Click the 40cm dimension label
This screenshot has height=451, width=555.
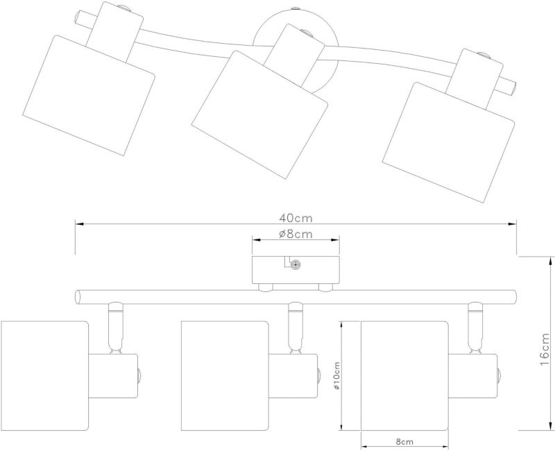[x=296, y=218]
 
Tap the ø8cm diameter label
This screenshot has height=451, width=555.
[x=296, y=234]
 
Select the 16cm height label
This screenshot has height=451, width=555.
[x=545, y=350]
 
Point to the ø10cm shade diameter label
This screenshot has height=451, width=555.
[x=336, y=375]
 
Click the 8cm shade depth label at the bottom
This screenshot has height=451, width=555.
[x=404, y=442]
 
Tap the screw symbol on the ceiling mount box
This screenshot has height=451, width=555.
[x=295, y=264]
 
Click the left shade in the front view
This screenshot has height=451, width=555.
[x=44, y=375]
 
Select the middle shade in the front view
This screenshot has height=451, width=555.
[x=224, y=375]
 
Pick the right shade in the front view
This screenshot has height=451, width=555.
[x=404, y=375]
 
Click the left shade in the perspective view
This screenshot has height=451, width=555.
[x=88, y=96]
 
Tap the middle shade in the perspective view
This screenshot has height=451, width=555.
[x=259, y=115]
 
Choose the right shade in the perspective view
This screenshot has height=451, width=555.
[x=449, y=143]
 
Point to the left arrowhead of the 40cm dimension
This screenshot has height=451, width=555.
[x=79, y=224]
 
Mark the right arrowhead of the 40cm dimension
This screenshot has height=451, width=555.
[x=512, y=224]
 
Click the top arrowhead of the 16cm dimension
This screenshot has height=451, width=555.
[x=550, y=261]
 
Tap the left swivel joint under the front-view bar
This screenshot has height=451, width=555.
[x=115, y=325]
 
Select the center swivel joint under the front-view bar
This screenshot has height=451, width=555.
[x=296, y=325]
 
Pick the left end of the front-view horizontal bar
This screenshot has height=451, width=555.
[x=78, y=297]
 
